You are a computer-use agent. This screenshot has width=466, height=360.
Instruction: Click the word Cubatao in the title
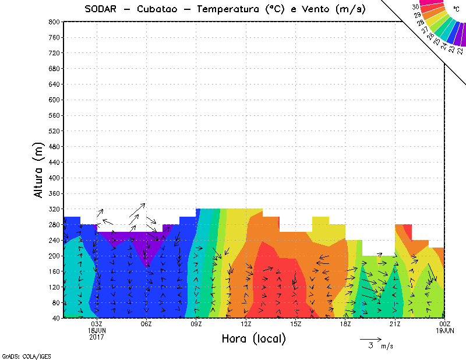coord(161,9)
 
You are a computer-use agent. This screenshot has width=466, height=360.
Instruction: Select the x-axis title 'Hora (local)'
coord(253,338)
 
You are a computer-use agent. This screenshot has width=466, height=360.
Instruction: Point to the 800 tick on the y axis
coord(54,22)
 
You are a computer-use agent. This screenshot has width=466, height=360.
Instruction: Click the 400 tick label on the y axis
coord(54,178)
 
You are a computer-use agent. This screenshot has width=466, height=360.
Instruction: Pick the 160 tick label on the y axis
coord(54,271)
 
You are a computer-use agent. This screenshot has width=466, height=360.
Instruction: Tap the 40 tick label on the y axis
coord(56,318)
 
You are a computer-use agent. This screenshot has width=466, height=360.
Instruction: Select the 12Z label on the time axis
coord(246,324)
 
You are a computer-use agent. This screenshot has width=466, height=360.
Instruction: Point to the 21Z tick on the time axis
coord(395,324)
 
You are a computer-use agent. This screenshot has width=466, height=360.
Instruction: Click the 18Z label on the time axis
coord(345,324)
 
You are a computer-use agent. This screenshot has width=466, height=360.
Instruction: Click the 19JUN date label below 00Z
coord(445,330)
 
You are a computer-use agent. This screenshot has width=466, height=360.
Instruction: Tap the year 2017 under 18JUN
coord(96,337)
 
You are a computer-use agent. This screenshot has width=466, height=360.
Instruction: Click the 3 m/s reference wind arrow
coord(370,338)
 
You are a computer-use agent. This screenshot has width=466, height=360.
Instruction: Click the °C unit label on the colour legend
coord(456,8)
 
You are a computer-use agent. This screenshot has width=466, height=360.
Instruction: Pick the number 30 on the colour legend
coord(416,7)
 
